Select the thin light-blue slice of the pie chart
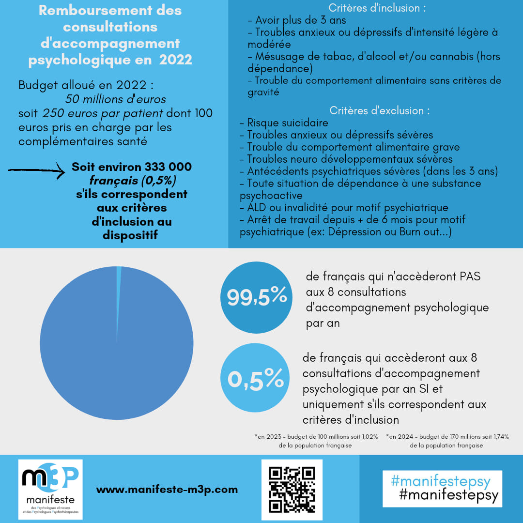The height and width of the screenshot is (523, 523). tap(119, 291)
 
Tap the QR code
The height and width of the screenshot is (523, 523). tap(292, 489)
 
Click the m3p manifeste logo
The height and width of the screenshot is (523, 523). tap(50, 489)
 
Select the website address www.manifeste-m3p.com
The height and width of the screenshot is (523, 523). tap(167, 490)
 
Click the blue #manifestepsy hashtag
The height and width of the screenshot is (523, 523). tap(440, 481)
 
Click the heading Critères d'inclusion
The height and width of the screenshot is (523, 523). tap(377, 8)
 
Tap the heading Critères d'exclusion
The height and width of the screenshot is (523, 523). tap(380, 110)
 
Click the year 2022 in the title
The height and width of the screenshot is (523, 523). tap(175, 60)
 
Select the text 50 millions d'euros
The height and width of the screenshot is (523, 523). tap(115, 99)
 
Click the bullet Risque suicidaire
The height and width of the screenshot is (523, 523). tap(288, 123)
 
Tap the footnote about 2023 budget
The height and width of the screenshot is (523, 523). tap(316, 441)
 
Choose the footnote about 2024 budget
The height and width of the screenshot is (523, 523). tap(447, 441)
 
